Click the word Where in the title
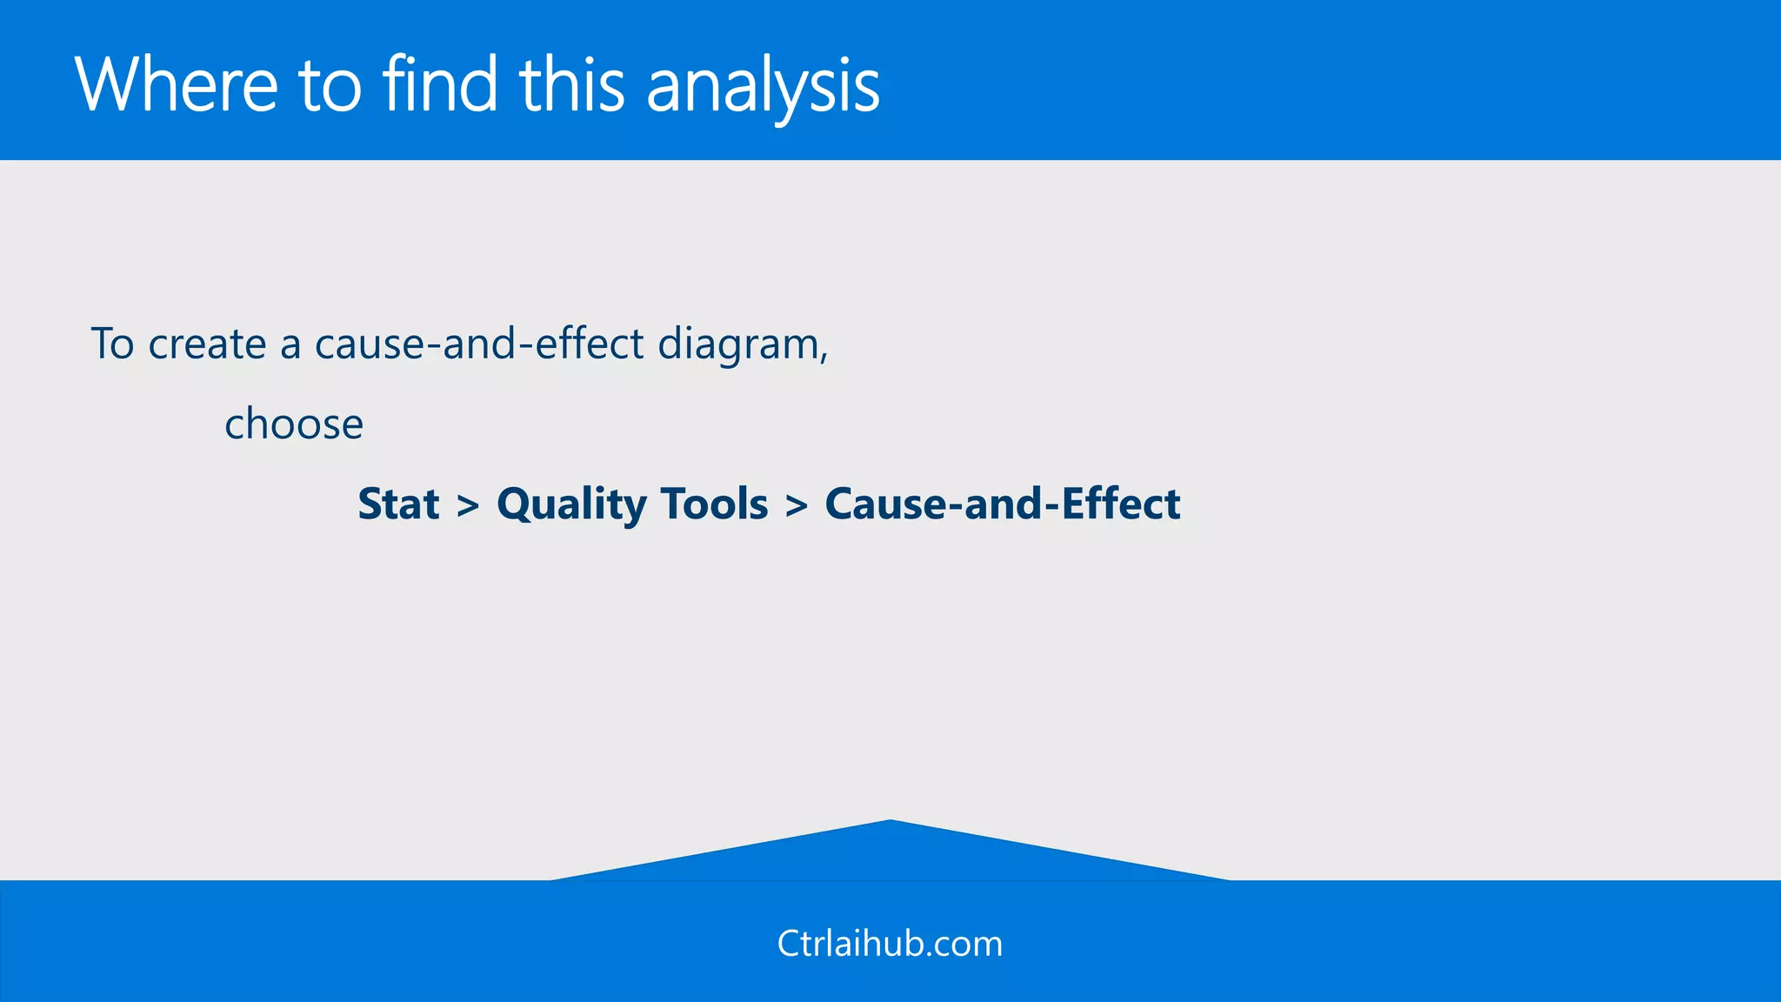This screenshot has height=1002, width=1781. (x=177, y=84)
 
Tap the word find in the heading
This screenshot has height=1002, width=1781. (x=440, y=84)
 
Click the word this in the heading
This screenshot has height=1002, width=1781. (x=572, y=84)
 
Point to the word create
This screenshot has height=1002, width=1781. (x=207, y=344)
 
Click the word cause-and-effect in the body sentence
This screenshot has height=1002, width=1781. (x=479, y=344)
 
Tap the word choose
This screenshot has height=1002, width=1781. (x=294, y=424)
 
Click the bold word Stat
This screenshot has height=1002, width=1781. (x=398, y=504)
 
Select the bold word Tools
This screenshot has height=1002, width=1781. (x=714, y=504)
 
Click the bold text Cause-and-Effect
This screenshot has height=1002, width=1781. (x=1002, y=504)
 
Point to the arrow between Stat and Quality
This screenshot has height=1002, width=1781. (x=468, y=506)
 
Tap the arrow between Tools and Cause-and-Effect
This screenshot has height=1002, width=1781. (x=797, y=506)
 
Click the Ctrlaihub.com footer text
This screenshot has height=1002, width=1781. (x=890, y=944)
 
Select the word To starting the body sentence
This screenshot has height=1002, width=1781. (x=112, y=344)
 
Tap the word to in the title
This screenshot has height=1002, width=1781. (x=330, y=86)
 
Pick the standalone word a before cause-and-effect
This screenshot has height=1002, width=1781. (x=290, y=346)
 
